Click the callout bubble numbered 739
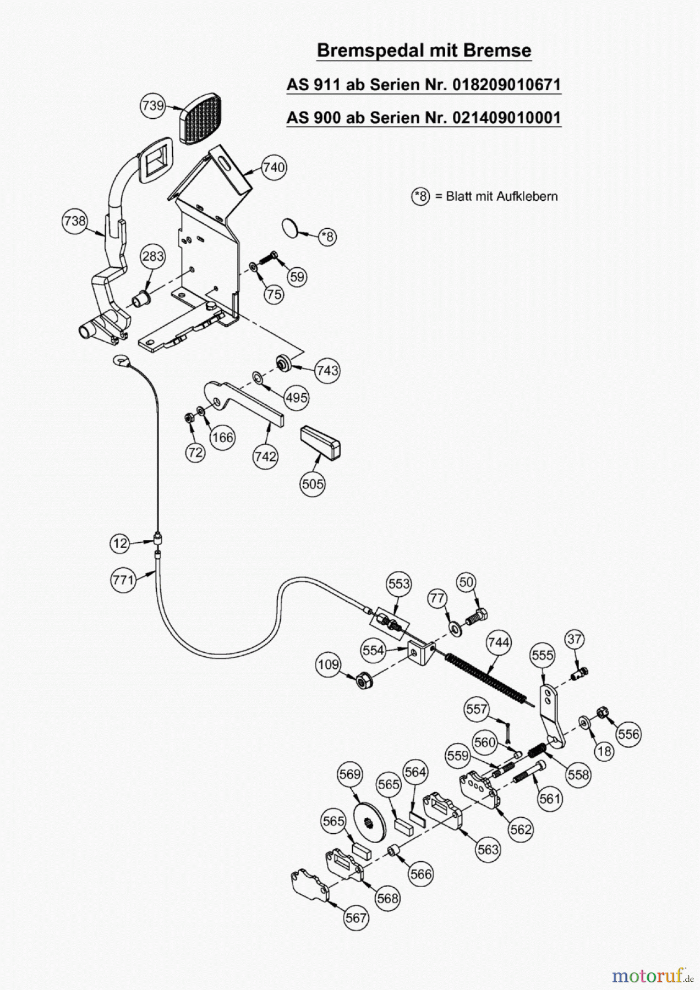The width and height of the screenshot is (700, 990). point(152,105)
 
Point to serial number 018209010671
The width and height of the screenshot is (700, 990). point(506,85)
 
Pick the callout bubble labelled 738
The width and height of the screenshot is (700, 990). point(75,221)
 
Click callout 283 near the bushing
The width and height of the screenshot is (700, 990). point(152,256)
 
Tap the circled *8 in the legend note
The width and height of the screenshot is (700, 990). point(421,196)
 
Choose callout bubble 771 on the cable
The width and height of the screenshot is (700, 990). point(123,580)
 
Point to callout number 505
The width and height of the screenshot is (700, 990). point(313,484)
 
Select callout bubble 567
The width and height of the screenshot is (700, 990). point(356,917)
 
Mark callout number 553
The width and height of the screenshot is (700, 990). point(399,583)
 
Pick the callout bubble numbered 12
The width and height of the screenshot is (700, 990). point(119,543)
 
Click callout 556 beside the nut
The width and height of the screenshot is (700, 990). point(628,734)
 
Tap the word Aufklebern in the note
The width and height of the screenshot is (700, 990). point(527,196)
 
